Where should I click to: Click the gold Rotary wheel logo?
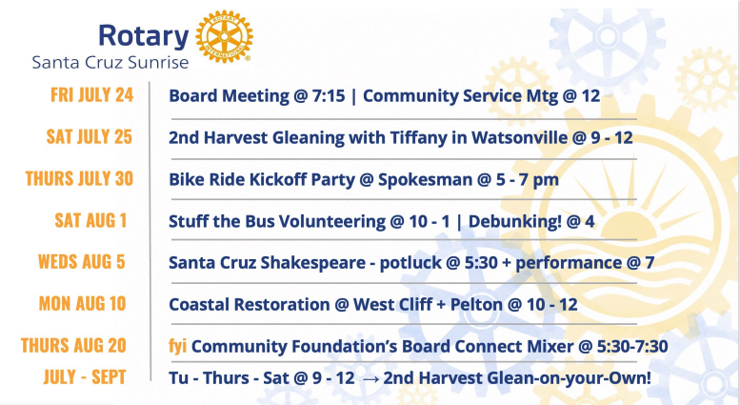pyautogui.click(x=224, y=36)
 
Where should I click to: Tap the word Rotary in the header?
pyautogui.click(x=144, y=36)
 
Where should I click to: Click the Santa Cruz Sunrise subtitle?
pyautogui.click(x=110, y=62)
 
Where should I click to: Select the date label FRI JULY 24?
pyautogui.click(x=92, y=95)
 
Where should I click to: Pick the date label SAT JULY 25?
pyautogui.click(x=90, y=137)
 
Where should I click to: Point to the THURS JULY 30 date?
pyautogui.click(x=79, y=178)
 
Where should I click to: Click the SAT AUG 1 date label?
pyautogui.click(x=90, y=220)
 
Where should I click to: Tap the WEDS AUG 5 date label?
pyautogui.click(x=82, y=261)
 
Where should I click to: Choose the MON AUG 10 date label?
pyautogui.click(x=82, y=304)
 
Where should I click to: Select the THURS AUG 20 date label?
pyautogui.click(x=73, y=346)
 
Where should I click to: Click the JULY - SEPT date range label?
pyautogui.click(x=85, y=377)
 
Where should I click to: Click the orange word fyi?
pyautogui.click(x=177, y=347)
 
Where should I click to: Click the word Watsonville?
pyautogui.click(x=519, y=138)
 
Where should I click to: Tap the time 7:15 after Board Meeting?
pyautogui.click(x=329, y=96)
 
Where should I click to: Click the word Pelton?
pyautogui.click(x=476, y=304)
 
